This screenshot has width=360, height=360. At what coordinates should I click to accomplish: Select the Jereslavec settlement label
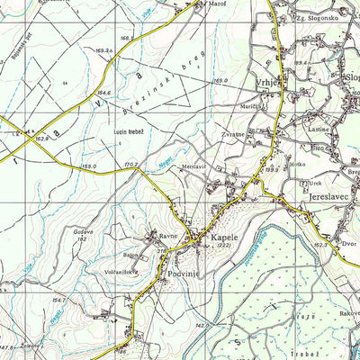click(332, 194)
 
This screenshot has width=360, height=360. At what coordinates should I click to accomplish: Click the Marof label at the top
click(217, 4)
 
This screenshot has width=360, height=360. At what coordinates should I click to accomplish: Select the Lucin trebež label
click(129, 131)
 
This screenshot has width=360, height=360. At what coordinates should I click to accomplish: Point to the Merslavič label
click(194, 166)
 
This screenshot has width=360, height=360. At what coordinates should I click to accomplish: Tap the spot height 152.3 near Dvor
click(320, 243)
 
